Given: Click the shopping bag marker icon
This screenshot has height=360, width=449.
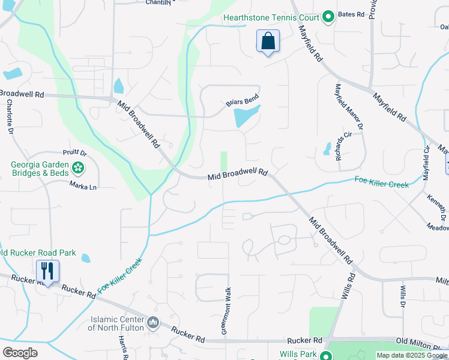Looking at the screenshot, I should [268, 42].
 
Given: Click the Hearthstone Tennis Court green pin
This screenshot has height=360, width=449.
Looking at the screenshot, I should [328, 17].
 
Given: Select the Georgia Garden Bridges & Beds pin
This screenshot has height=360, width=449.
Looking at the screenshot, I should [78, 167].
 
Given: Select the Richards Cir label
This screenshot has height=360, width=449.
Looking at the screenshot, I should [344, 143].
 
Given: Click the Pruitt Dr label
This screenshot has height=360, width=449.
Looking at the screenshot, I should [75, 154].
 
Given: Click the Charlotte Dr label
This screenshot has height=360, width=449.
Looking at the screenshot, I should [10, 115].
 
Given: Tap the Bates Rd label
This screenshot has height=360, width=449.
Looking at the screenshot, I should [351, 13].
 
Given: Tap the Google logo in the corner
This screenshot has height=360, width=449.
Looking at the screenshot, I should [20, 353].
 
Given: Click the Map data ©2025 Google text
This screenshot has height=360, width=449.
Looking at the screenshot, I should [412, 356].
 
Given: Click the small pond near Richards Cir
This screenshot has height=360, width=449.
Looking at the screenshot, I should [327, 148].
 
